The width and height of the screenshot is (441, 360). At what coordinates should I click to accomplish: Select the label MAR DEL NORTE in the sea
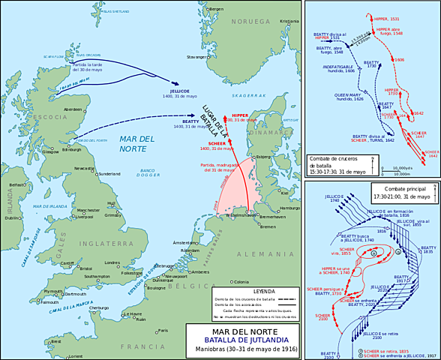tap(136, 143)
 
